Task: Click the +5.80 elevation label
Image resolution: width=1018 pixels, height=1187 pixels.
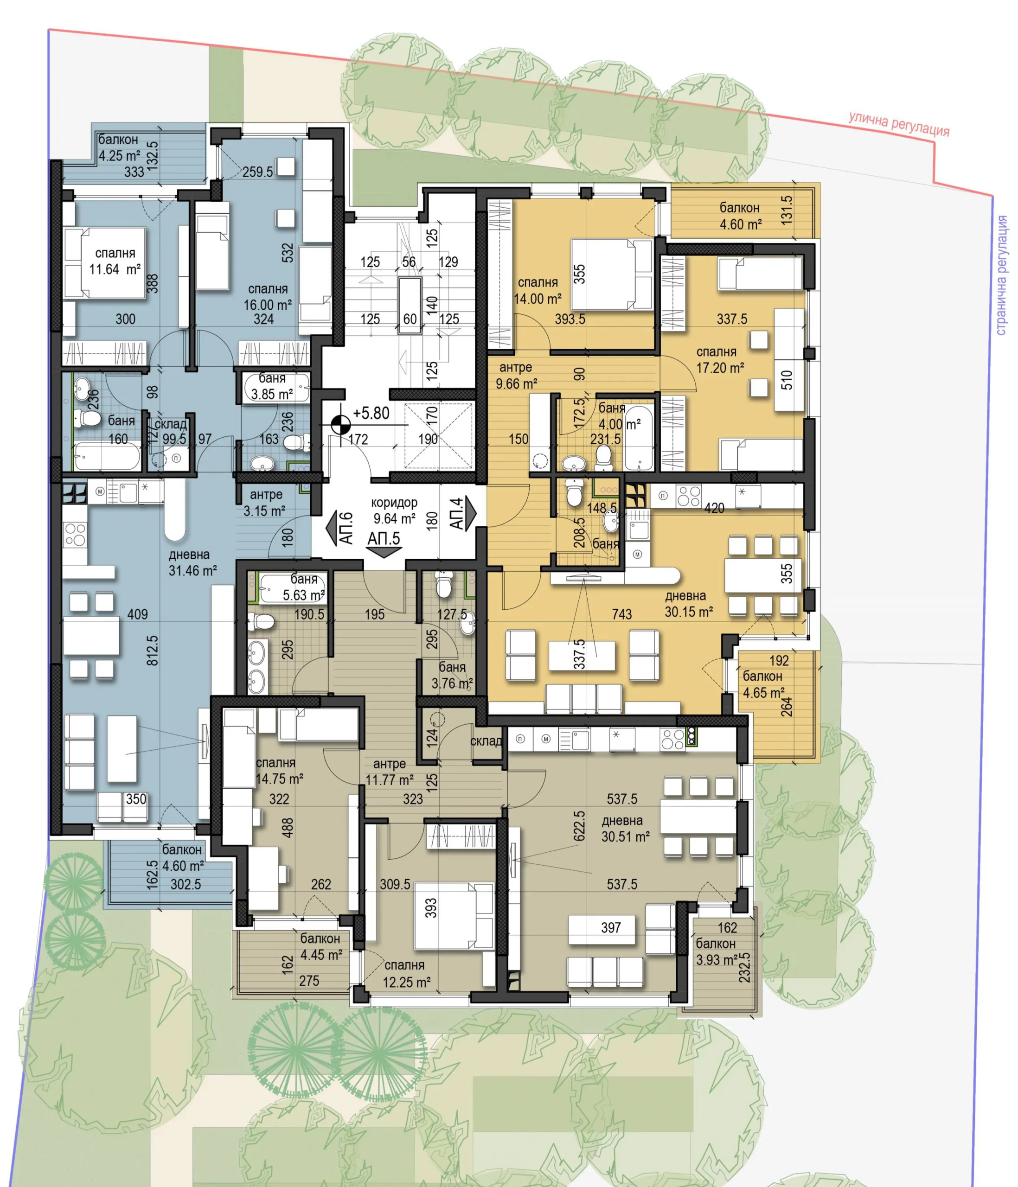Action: [x=371, y=413]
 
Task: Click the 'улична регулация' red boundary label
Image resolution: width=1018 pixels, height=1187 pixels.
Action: [x=899, y=124]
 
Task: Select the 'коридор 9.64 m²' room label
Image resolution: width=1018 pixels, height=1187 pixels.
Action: [x=394, y=511]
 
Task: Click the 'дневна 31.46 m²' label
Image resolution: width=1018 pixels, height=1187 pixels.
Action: [x=192, y=562]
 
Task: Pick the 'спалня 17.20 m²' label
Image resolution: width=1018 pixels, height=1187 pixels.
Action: [x=719, y=360]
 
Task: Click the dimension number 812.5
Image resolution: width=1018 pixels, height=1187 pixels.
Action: [x=152, y=650]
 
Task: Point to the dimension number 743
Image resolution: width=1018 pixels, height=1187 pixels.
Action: [x=621, y=614]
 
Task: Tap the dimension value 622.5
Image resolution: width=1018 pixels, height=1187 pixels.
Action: [x=579, y=825]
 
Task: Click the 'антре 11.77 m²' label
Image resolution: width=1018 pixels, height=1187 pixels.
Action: [x=390, y=772]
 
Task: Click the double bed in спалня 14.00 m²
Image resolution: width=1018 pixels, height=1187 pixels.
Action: [x=612, y=274]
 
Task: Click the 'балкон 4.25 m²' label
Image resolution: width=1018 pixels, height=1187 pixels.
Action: [x=119, y=147]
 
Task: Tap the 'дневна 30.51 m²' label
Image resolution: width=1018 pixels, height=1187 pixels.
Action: [x=625, y=829]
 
